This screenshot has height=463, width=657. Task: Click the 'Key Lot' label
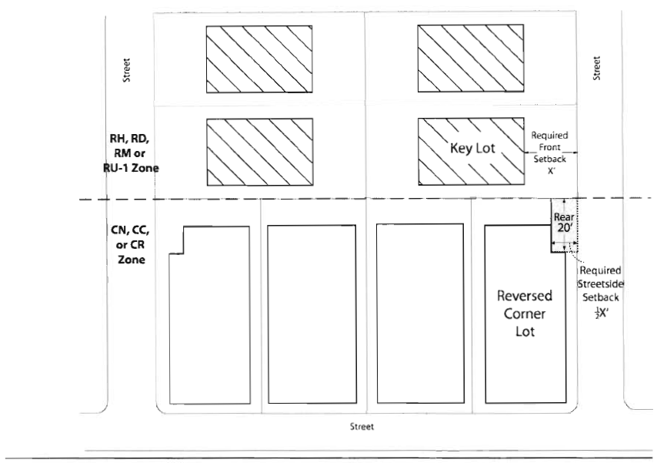pyautogui.click(x=472, y=148)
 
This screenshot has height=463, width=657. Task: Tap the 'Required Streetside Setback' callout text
pyautogui.click(x=601, y=281)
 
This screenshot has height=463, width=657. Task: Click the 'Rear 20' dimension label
pyautogui.click(x=562, y=222)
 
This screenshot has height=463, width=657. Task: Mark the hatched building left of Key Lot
pyautogui.click(x=258, y=150)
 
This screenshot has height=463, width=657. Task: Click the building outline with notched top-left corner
pyautogui.click(x=209, y=316)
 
